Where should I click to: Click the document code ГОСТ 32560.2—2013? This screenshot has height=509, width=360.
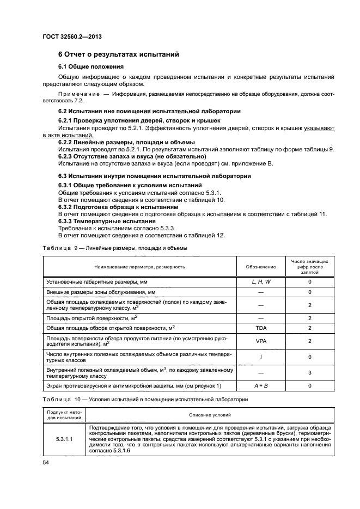tap(72, 36)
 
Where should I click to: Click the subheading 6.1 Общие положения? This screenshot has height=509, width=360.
tap(92, 66)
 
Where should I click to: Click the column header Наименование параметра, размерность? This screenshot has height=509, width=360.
tap(139, 267)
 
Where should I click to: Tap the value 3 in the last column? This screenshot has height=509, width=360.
tap(309, 372)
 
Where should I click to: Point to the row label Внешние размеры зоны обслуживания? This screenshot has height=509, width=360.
tap(97, 292)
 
